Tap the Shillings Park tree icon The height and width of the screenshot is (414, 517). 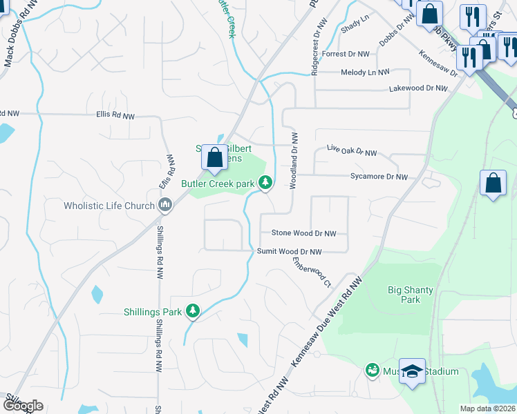pyautogui.click(x=193, y=311)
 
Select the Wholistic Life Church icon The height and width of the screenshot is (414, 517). pyautogui.click(x=165, y=205)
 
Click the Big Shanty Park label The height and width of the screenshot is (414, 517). pyautogui.click(x=400, y=295)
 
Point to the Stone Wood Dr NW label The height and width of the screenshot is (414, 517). pyautogui.click(x=303, y=234)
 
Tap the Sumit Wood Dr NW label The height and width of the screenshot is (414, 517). pyautogui.click(x=290, y=252)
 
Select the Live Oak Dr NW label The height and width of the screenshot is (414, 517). pyautogui.click(x=352, y=152)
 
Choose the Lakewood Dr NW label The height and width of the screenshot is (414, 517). pyautogui.click(x=418, y=88)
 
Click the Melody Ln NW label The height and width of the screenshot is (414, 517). pyautogui.click(x=365, y=72)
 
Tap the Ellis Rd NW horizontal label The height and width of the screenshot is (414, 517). pyautogui.click(x=115, y=116)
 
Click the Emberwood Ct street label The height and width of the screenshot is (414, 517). pyautogui.click(x=312, y=273)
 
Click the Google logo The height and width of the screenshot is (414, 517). pyautogui.click(x=23, y=406)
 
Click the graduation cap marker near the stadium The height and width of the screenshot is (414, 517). pyautogui.click(x=412, y=371)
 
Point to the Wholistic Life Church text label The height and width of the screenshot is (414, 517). pyautogui.click(x=109, y=206)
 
